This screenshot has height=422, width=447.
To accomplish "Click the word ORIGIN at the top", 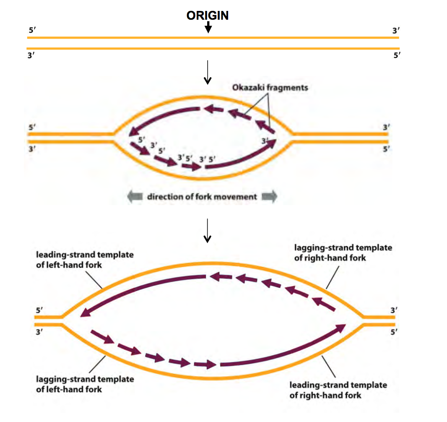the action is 208,16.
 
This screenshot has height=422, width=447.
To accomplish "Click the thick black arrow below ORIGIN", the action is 208,27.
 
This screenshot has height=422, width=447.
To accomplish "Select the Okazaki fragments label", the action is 270,88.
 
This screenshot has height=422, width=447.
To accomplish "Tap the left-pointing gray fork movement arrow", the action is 135,196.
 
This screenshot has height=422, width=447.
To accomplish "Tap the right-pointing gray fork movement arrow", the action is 269,196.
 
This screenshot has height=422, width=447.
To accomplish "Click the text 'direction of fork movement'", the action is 202,197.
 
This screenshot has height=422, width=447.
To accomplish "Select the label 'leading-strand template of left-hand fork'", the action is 85,260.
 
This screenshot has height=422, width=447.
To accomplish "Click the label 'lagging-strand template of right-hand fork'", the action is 343,253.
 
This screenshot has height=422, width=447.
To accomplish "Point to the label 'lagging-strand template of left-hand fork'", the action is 85,384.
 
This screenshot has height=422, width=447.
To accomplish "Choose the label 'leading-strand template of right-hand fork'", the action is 338,390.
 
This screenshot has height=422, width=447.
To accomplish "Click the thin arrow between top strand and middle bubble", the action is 208,73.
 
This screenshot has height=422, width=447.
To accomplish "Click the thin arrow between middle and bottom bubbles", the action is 208,231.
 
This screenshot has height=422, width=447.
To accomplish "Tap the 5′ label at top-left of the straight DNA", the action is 32,30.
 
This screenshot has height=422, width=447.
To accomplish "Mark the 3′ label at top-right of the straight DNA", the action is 396,31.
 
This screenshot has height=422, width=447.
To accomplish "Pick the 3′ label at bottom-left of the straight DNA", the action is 31,55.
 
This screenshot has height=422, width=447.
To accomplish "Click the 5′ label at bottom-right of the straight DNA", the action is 397,55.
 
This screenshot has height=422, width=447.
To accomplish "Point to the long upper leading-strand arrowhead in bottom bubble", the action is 85,313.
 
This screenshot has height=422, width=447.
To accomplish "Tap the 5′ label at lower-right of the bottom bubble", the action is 394,332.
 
